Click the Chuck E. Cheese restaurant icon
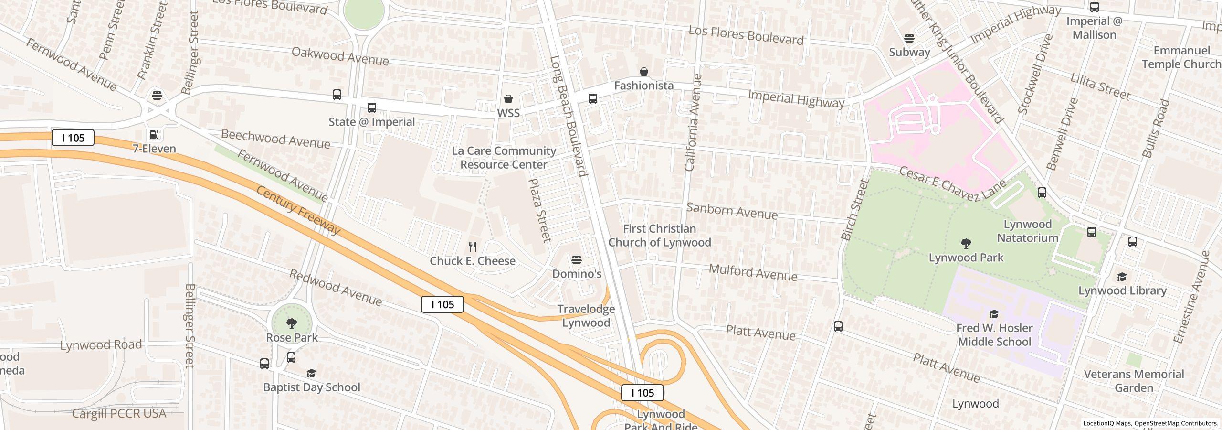473,247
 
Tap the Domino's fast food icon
577,260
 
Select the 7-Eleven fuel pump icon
154,135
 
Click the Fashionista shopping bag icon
644,72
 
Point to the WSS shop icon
508,99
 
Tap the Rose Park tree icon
292,323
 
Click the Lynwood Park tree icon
966,244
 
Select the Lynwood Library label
1122,290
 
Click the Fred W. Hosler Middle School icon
994,314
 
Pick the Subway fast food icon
909,38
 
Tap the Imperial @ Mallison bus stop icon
1095,7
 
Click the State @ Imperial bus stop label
371,122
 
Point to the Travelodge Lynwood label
586,316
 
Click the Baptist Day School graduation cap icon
311,373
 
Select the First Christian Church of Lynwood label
659,236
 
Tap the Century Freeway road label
298,210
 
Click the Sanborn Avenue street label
732,211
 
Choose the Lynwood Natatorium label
1027,231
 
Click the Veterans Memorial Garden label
1134,381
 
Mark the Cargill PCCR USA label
119,413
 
